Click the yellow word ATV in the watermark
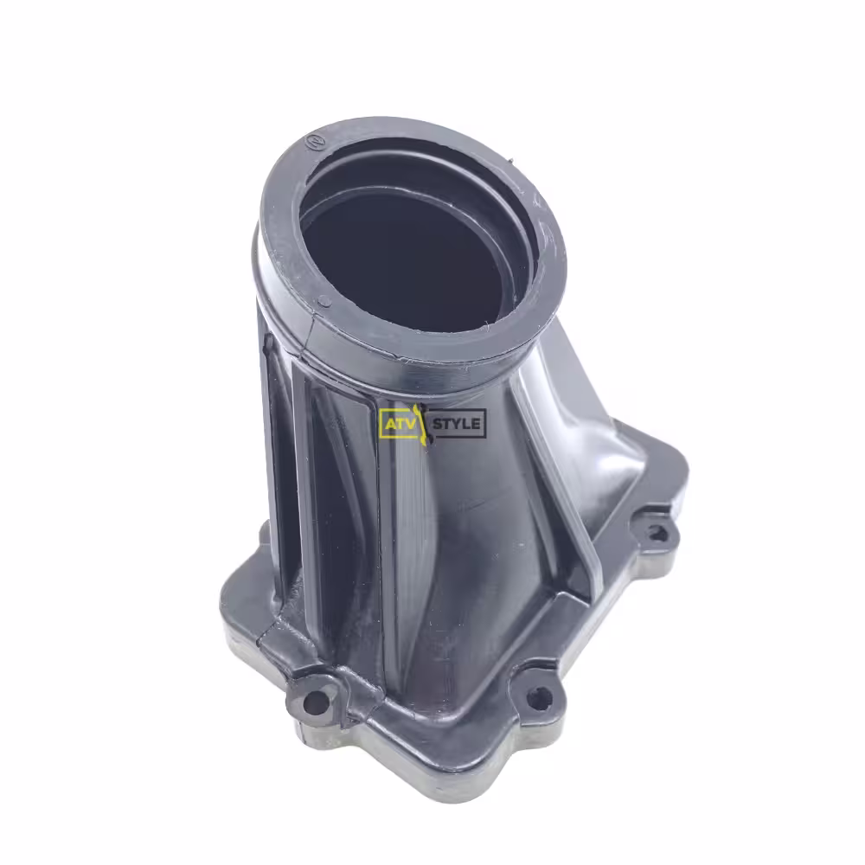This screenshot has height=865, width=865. pos(398,424)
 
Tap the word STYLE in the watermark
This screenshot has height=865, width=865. pos(456,424)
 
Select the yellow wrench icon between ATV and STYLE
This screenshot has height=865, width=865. pos(421,424)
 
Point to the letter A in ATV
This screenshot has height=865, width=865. pos(389,424)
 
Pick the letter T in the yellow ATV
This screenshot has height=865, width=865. pos(398,424)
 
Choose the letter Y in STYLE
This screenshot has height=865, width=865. pos(456,424)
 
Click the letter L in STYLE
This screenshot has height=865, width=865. pos(466,424)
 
